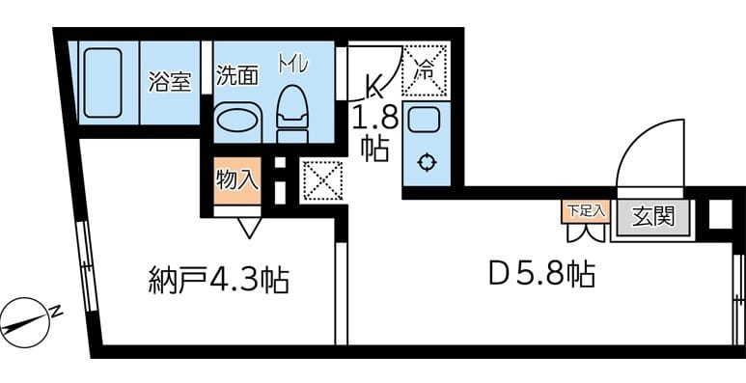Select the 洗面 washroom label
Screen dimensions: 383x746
click(235, 75)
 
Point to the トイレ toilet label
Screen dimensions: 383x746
click(292, 65)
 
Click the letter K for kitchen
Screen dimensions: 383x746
click(373, 87)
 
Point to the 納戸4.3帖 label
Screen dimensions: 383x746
click(219, 281)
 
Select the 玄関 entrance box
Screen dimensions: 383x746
click(651, 216)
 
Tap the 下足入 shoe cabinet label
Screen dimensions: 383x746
click(584, 208)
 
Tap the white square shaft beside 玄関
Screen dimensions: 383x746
click(720, 213)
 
